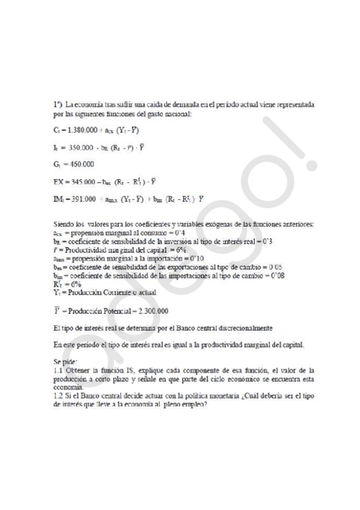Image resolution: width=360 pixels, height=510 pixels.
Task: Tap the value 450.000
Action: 79,163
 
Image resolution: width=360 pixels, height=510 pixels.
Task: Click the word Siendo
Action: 64,224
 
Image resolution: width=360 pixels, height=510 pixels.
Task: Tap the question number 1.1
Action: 58,371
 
